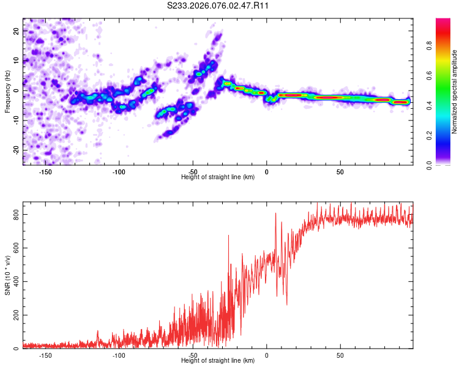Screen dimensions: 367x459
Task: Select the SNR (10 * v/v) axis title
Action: [x=7, y=278]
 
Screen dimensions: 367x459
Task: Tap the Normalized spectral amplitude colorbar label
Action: [x=455, y=92]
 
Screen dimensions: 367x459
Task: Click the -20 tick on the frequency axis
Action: [x=16, y=149]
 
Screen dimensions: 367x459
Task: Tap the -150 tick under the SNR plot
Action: [x=45, y=355]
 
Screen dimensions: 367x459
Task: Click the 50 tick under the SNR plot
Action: [x=340, y=355]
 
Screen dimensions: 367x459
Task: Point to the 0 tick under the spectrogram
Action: [x=266, y=172]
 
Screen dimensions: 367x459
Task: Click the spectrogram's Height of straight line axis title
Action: [x=218, y=177]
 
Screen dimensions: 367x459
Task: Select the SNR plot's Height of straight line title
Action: [x=218, y=361]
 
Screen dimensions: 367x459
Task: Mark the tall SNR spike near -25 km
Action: [x=229, y=236]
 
